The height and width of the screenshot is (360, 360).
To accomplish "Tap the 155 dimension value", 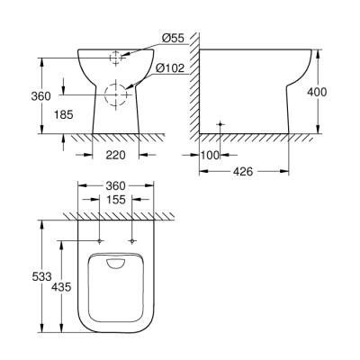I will click(114, 200).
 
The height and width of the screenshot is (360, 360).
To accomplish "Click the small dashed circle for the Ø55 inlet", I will click(114, 58).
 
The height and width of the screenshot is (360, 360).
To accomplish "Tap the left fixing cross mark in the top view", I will click(96, 241).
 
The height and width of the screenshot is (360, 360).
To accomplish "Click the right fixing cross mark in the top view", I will click(132, 241).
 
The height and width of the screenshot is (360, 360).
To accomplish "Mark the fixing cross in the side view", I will click(220, 122).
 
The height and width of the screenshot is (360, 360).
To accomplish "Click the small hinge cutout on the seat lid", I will click(114, 263).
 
